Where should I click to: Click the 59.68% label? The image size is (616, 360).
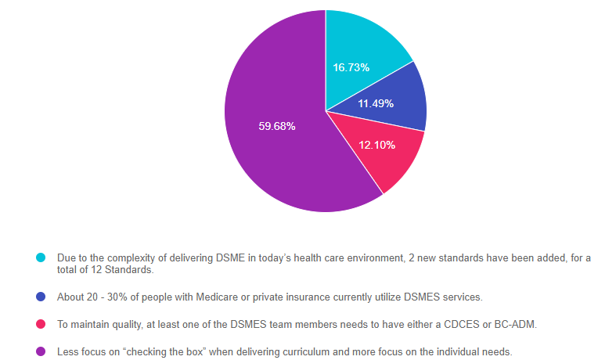pyautogui.click(x=277, y=126)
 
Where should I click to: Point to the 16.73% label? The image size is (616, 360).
pyautogui.click(x=351, y=68)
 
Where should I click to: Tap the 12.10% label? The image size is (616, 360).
pyautogui.click(x=376, y=145)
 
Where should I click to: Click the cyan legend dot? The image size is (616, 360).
pyautogui.click(x=41, y=257)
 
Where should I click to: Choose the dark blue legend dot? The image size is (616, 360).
pyautogui.click(x=41, y=297)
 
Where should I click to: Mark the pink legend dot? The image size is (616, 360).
pyautogui.click(x=41, y=324)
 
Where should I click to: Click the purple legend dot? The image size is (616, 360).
pyautogui.click(x=41, y=351)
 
